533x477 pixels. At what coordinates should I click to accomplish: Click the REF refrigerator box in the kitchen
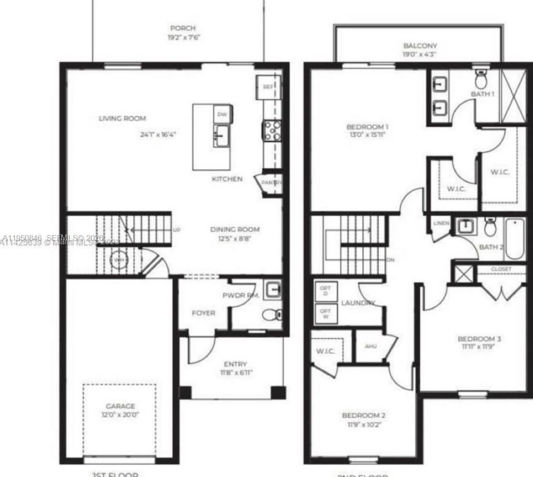(x=268, y=86)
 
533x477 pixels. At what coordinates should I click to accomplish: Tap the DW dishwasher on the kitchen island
(x=223, y=114)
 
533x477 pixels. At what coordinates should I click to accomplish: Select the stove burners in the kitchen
(x=272, y=130)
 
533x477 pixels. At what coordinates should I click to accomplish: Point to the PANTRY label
(x=271, y=183)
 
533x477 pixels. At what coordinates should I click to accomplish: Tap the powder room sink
(x=272, y=290)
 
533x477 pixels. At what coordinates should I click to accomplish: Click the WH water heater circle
(x=119, y=260)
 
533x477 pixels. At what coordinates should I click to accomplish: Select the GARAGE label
(x=120, y=406)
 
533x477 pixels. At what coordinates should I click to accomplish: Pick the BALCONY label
(x=420, y=46)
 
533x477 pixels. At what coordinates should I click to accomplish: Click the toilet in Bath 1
(x=480, y=80)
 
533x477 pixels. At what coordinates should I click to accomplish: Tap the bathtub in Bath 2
(x=514, y=240)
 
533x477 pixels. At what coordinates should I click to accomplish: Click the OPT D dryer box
(x=326, y=291)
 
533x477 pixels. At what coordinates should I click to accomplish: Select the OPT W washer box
(x=326, y=314)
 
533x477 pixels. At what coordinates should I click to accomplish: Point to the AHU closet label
(x=370, y=346)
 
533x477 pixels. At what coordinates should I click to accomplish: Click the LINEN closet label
(x=441, y=223)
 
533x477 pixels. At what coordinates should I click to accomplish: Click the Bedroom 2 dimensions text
(x=363, y=425)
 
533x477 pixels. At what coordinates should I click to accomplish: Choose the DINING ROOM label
(x=235, y=229)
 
